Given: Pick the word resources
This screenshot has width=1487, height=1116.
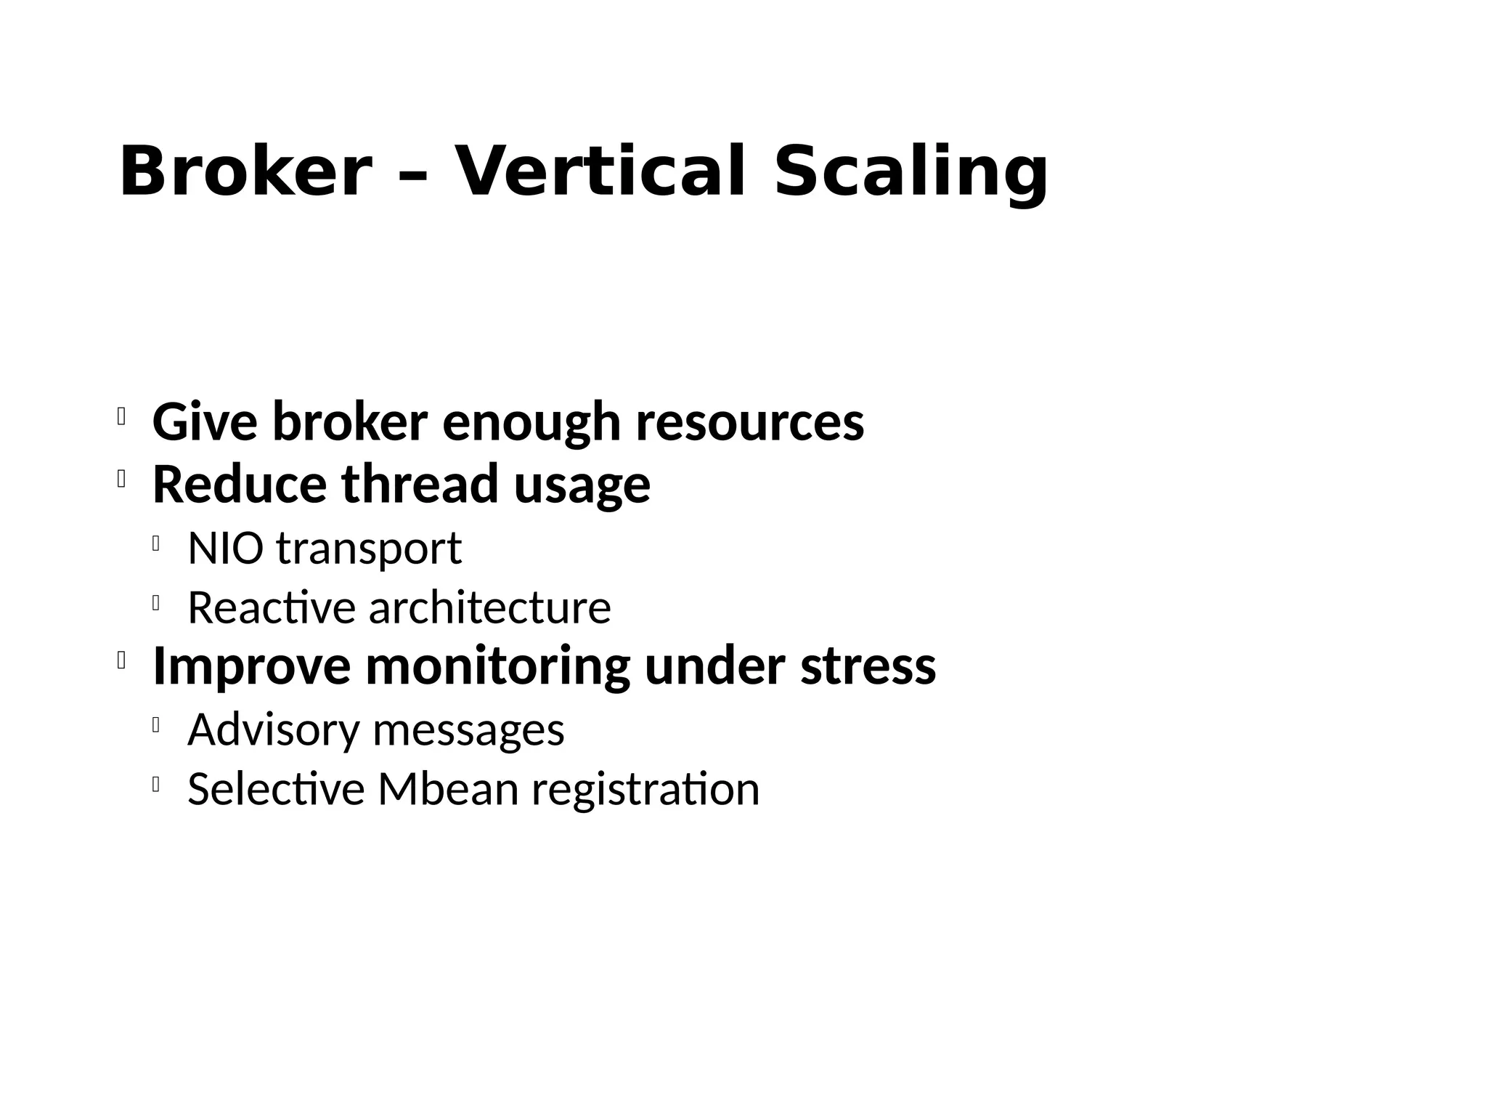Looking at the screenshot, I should (750, 423).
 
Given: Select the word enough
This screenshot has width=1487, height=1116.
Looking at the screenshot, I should (531, 423).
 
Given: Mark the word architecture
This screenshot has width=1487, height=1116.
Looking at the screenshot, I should (490, 607).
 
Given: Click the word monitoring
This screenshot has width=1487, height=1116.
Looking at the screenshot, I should (498, 666).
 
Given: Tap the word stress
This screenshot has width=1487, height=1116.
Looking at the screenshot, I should (868, 666).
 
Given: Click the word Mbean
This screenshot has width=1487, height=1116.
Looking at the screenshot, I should (448, 789).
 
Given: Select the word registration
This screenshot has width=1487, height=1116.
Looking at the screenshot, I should (645, 790).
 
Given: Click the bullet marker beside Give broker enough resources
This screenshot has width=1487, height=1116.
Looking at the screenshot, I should (121, 417).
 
